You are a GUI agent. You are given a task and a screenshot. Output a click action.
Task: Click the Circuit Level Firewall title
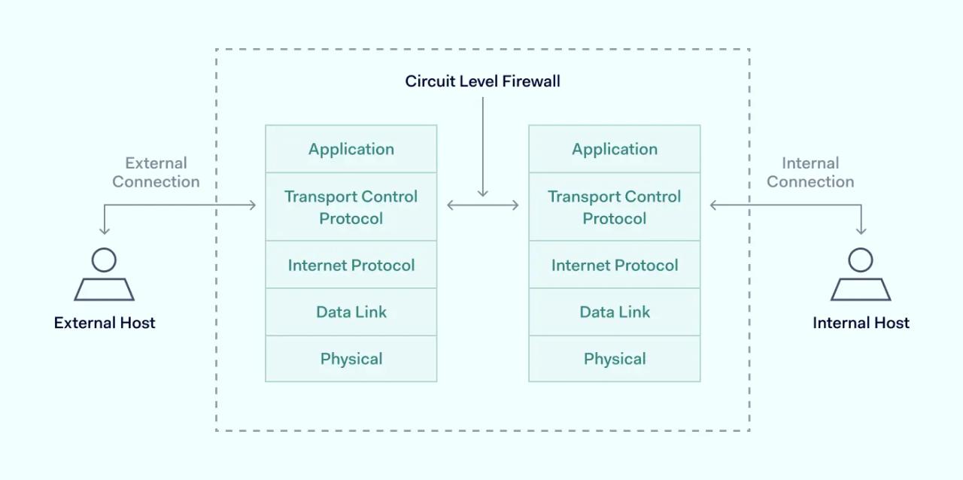(482, 81)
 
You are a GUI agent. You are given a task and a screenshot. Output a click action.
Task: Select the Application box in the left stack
(351, 149)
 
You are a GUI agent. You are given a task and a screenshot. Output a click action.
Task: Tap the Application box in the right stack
(614, 149)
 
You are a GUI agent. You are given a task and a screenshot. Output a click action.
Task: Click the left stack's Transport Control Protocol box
(351, 207)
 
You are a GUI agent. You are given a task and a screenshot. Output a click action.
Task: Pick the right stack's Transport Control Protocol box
(614, 207)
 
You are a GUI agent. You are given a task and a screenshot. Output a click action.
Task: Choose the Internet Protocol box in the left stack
(351, 265)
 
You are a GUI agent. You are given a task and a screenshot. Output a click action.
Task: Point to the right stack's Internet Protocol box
(614, 265)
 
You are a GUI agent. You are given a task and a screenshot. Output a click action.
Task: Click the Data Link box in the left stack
(351, 312)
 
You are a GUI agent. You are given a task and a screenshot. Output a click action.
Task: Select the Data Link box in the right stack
(614, 312)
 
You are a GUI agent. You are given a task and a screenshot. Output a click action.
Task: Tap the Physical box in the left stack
(351, 359)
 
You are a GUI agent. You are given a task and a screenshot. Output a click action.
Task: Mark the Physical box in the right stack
(614, 359)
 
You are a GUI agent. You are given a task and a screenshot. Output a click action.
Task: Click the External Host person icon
(104, 275)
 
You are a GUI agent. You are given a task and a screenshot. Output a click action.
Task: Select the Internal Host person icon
(861, 275)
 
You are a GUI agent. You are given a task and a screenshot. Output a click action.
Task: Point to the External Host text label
(105, 323)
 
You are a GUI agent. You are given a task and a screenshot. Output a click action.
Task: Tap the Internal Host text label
(861, 323)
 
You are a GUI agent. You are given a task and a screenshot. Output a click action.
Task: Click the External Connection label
(156, 172)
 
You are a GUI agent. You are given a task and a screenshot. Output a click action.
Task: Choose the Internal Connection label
(810, 172)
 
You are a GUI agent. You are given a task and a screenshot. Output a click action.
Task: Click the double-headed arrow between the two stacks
(483, 205)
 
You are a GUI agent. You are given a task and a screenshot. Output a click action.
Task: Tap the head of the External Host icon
(104, 260)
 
